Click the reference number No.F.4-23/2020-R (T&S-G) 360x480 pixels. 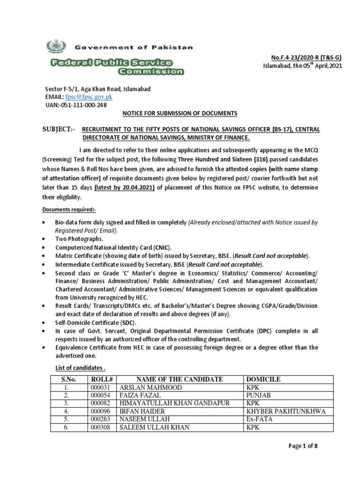pos(304,58)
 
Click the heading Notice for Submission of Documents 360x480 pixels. pos(180,113)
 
